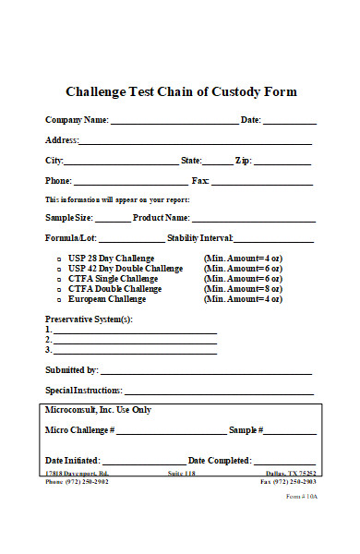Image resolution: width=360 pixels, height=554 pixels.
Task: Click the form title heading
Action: [181, 92]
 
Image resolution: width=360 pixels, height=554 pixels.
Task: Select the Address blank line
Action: [195, 143]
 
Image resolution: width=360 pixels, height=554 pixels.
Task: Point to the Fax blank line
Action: [264, 184]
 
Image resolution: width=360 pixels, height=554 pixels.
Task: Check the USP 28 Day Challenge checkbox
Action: [58, 259]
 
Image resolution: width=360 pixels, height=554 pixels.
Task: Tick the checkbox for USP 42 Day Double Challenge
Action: [58, 269]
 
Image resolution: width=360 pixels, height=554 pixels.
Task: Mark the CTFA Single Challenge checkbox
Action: [58, 279]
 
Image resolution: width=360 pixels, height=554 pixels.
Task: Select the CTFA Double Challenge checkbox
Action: [58, 289]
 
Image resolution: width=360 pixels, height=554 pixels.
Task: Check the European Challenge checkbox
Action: [58, 299]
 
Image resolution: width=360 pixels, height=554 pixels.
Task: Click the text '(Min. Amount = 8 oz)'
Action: [243, 289]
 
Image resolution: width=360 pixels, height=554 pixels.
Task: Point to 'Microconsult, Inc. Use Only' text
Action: [98, 410]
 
